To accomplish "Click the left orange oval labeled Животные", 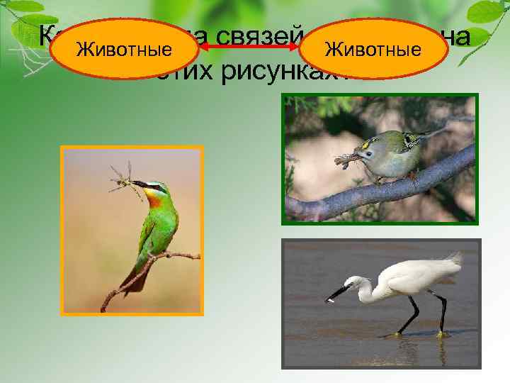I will point(124,49).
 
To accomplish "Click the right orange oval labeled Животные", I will point(371,49).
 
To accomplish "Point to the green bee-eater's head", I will point(154,189).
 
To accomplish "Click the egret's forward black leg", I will point(409,315).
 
